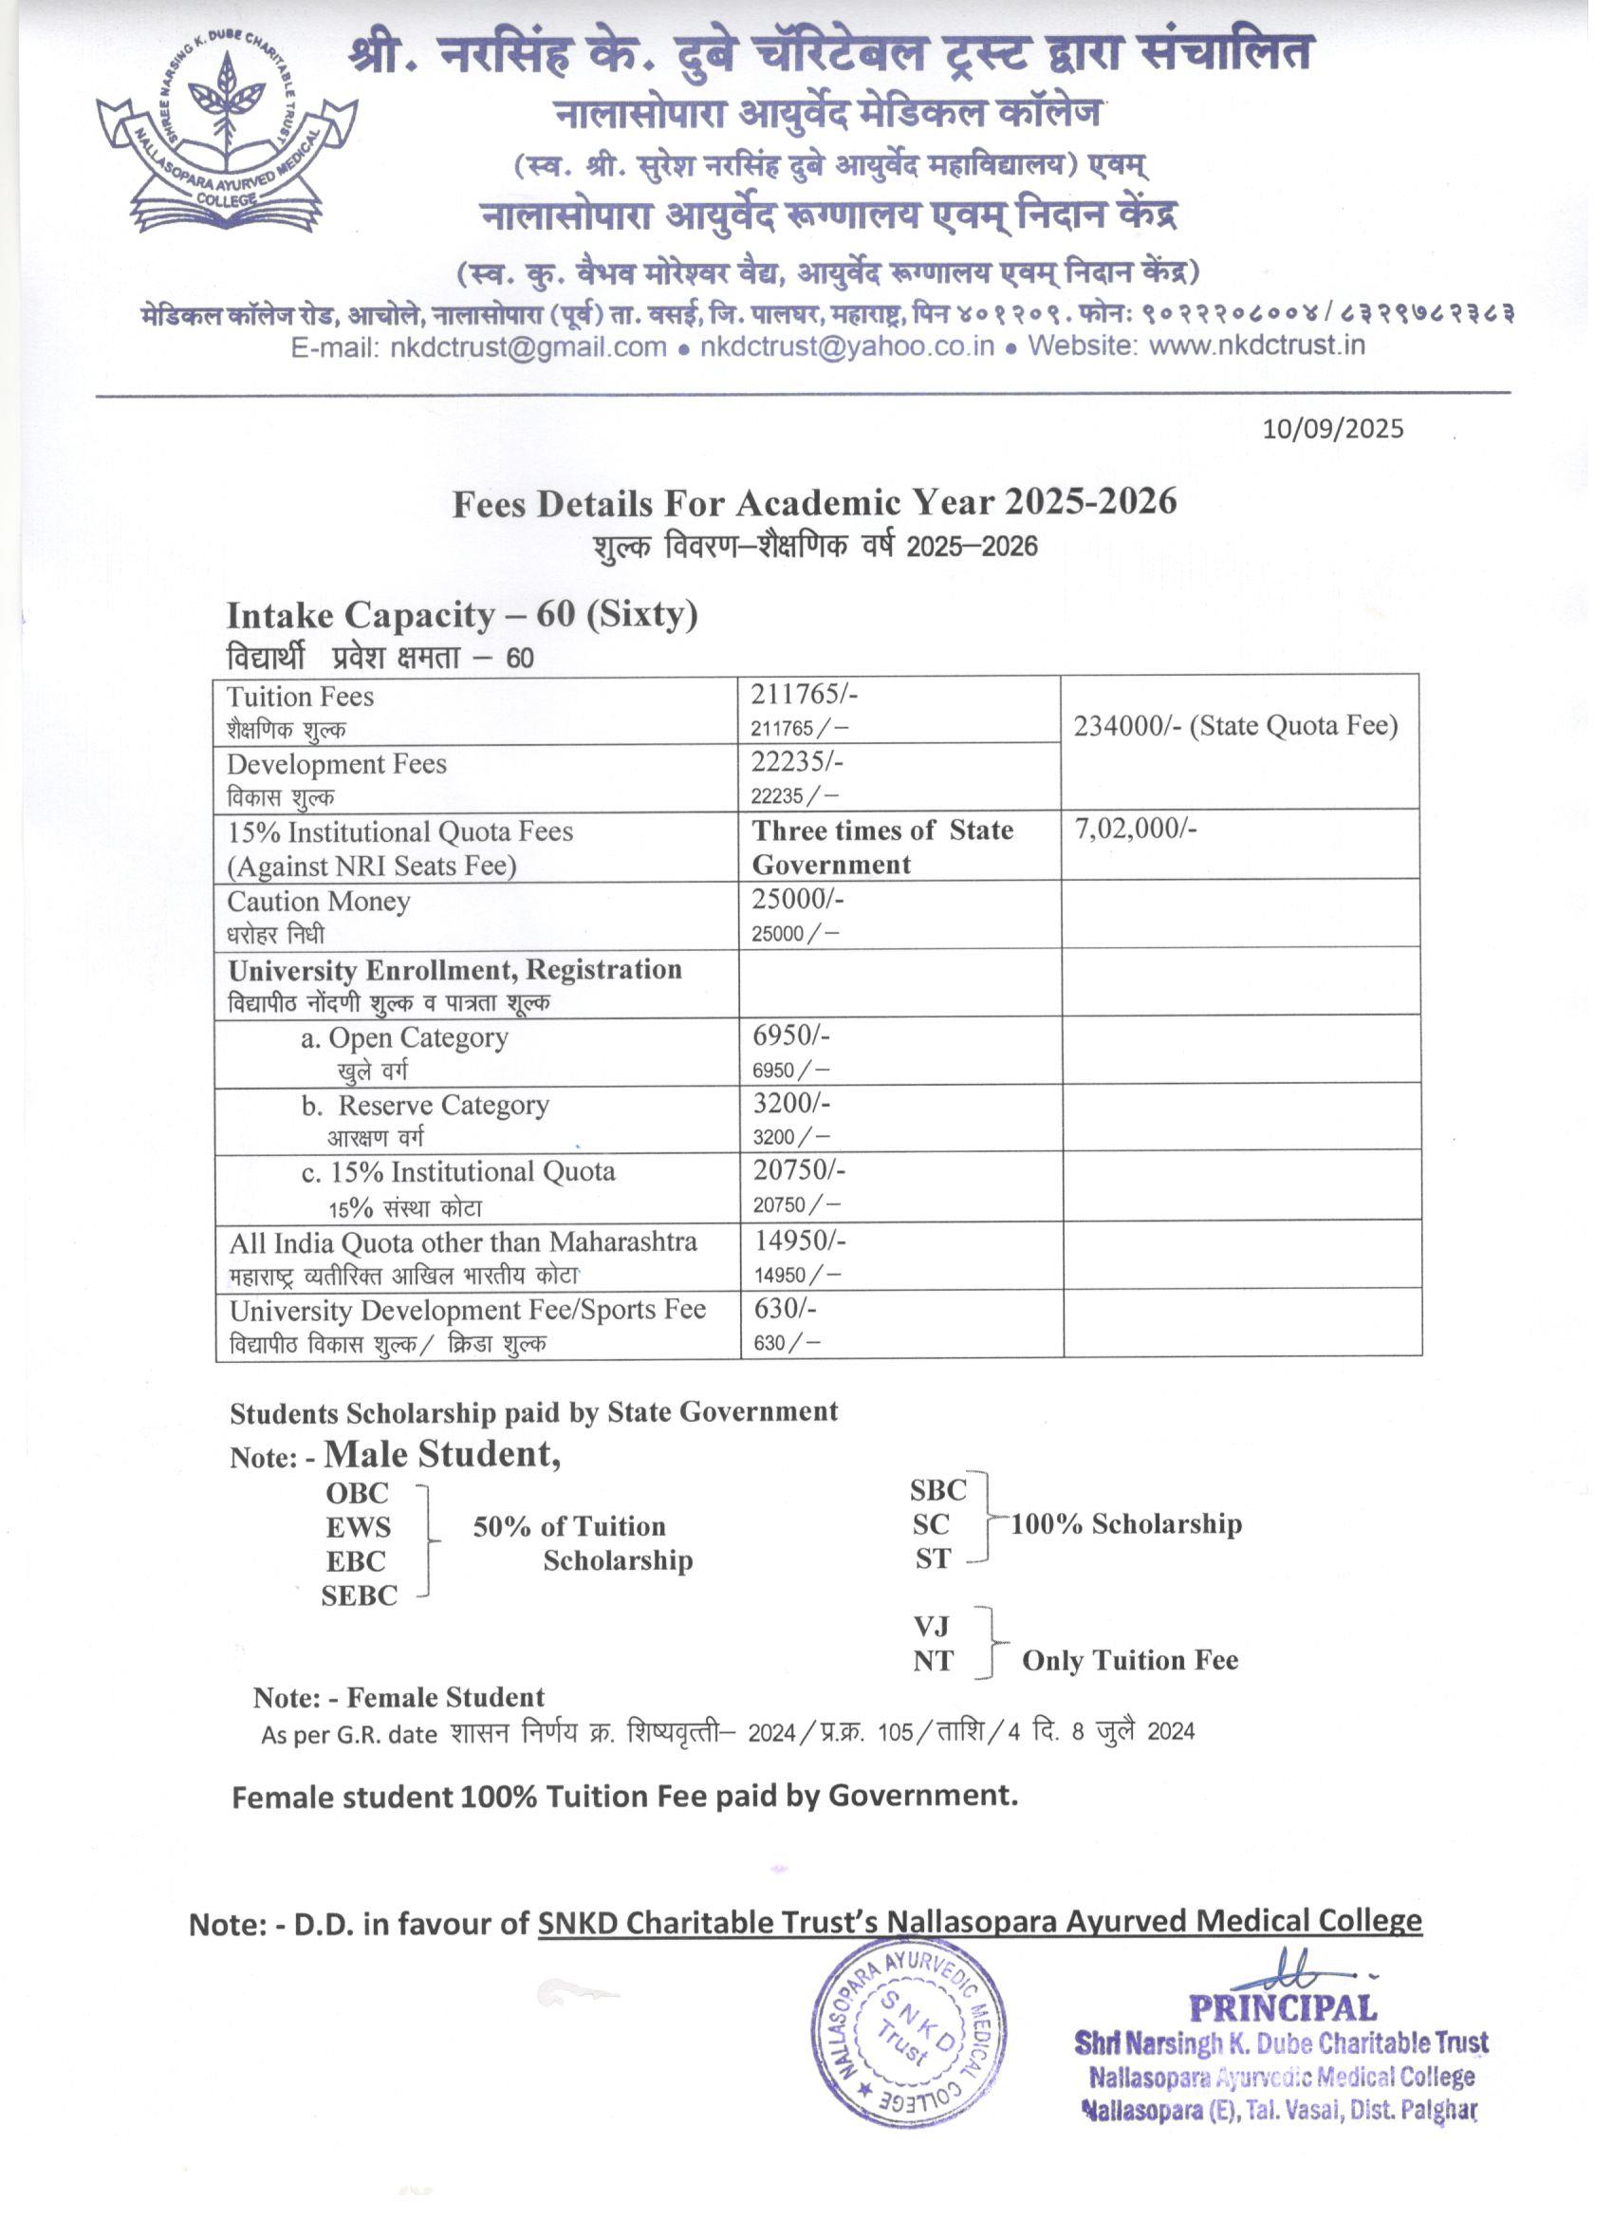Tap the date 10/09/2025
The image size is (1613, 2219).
(1332, 429)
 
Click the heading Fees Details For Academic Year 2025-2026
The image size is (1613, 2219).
(814, 503)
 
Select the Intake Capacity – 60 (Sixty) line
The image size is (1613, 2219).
(462, 615)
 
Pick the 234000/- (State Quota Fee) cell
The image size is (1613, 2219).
(1235, 726)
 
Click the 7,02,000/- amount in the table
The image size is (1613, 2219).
(1136, 829)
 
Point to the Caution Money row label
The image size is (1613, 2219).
(319, 901)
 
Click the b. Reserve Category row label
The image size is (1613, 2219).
(425, 1106)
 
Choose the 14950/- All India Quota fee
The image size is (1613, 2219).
(799, 1240)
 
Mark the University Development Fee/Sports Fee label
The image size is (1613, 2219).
(468, 1310)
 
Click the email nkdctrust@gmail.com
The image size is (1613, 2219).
(528, 346)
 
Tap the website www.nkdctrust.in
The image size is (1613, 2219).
(1256, 345)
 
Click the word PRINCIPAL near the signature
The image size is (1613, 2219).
(1283, 2010)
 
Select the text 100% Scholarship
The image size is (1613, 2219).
(1126, 1524)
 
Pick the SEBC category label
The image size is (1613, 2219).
(359, 1595)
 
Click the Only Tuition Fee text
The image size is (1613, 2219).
(1130, 1660)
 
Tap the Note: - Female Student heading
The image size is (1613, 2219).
(399, 1698)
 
